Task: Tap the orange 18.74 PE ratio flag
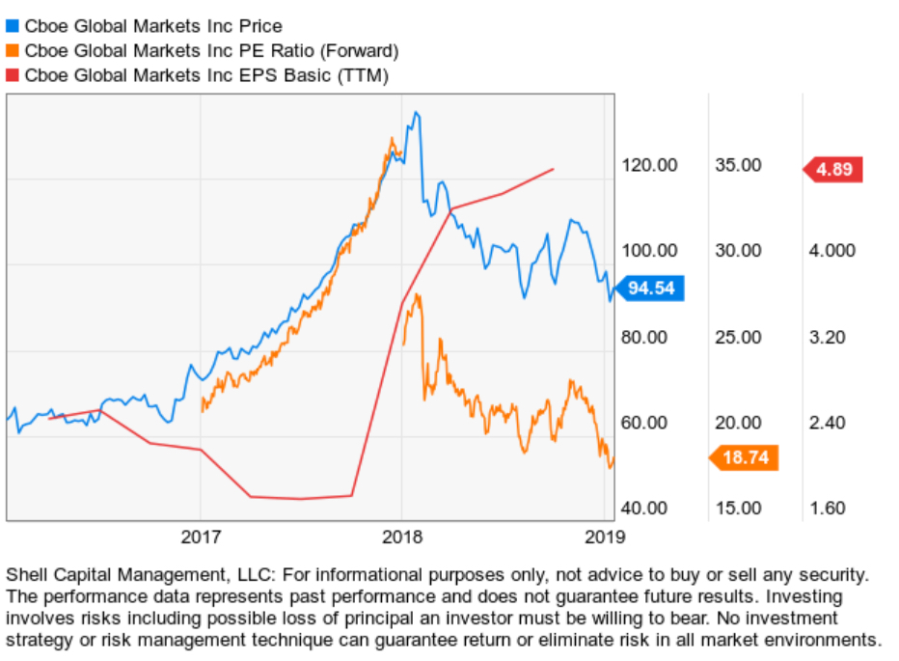(745, 457)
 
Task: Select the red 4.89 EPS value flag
(834, 170)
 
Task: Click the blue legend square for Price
(13, 26)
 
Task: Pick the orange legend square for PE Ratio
(13, 50)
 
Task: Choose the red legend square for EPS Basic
(13, 74)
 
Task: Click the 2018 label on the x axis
(400, 536)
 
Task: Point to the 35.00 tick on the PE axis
(738, 165)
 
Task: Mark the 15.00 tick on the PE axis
(738, 508)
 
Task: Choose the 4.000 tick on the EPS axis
(832, 251)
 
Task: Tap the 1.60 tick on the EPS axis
(829, 508)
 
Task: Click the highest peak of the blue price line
(416, 114)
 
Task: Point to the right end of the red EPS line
(553, 170)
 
